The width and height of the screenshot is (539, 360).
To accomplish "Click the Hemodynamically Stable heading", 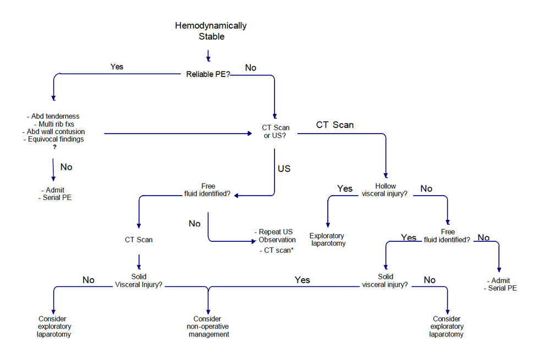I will pos(211,31).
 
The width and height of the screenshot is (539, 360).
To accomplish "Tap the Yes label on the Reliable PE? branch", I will pos(117,67).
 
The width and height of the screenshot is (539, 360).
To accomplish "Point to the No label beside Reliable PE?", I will pos(250,68).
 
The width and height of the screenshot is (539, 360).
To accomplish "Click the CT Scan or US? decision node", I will pos(275,132).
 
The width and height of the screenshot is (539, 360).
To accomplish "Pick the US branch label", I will pos(284,169).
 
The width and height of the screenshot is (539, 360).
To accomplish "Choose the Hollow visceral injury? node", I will pos(385,190).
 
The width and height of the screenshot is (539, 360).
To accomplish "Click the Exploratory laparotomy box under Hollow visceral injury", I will pos(328,239).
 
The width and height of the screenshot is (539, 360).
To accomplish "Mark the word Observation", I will pos(277,240).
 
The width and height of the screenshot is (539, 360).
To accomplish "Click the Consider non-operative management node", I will pos(208,326).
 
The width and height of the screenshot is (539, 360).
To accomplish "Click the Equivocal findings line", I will pos(54,140).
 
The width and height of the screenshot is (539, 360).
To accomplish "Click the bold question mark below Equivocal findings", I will pos(54,147).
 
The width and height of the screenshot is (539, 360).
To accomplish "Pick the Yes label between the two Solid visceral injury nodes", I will pos(302,280).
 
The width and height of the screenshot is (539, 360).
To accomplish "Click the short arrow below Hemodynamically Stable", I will pos(208,55).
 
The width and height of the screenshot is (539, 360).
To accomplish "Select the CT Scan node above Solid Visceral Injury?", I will pos(139,240).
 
